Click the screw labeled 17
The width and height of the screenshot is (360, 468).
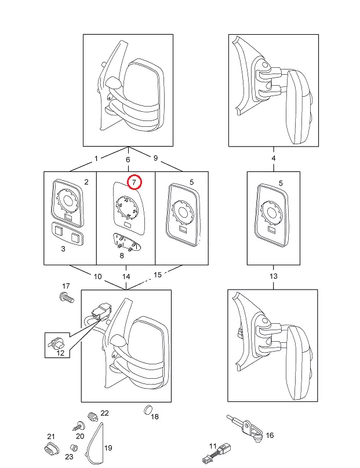pyautogui.click(x=65, y=298)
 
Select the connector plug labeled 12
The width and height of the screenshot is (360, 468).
pyautogui.click(x=57, y=343)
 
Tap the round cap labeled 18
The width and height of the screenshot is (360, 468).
pyautogui.click(x=147, y=411)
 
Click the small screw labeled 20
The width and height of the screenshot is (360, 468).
pyautogui.click(x=77, y=426)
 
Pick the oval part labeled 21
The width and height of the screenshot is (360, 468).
pyautogui.click(x=50, y=448)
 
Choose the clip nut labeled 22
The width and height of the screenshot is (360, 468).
pyautogui.click(x=90, y=416)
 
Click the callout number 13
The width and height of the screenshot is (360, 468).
pyautogui.click(x=274, y=276)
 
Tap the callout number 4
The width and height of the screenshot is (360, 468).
pyautogui.click(x=274, y=158)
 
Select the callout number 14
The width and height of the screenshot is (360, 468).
pyautogui.click(x=126, y=276)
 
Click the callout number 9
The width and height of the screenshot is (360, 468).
pyautogui.click(x=155, y=158)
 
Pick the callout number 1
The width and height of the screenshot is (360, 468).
pyautogui.click(x=96, y=158)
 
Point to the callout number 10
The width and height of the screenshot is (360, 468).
pyautogui.click(x=97, y=276)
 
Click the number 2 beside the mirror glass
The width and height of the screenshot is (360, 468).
pyautogui.click(x=86, y=182)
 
